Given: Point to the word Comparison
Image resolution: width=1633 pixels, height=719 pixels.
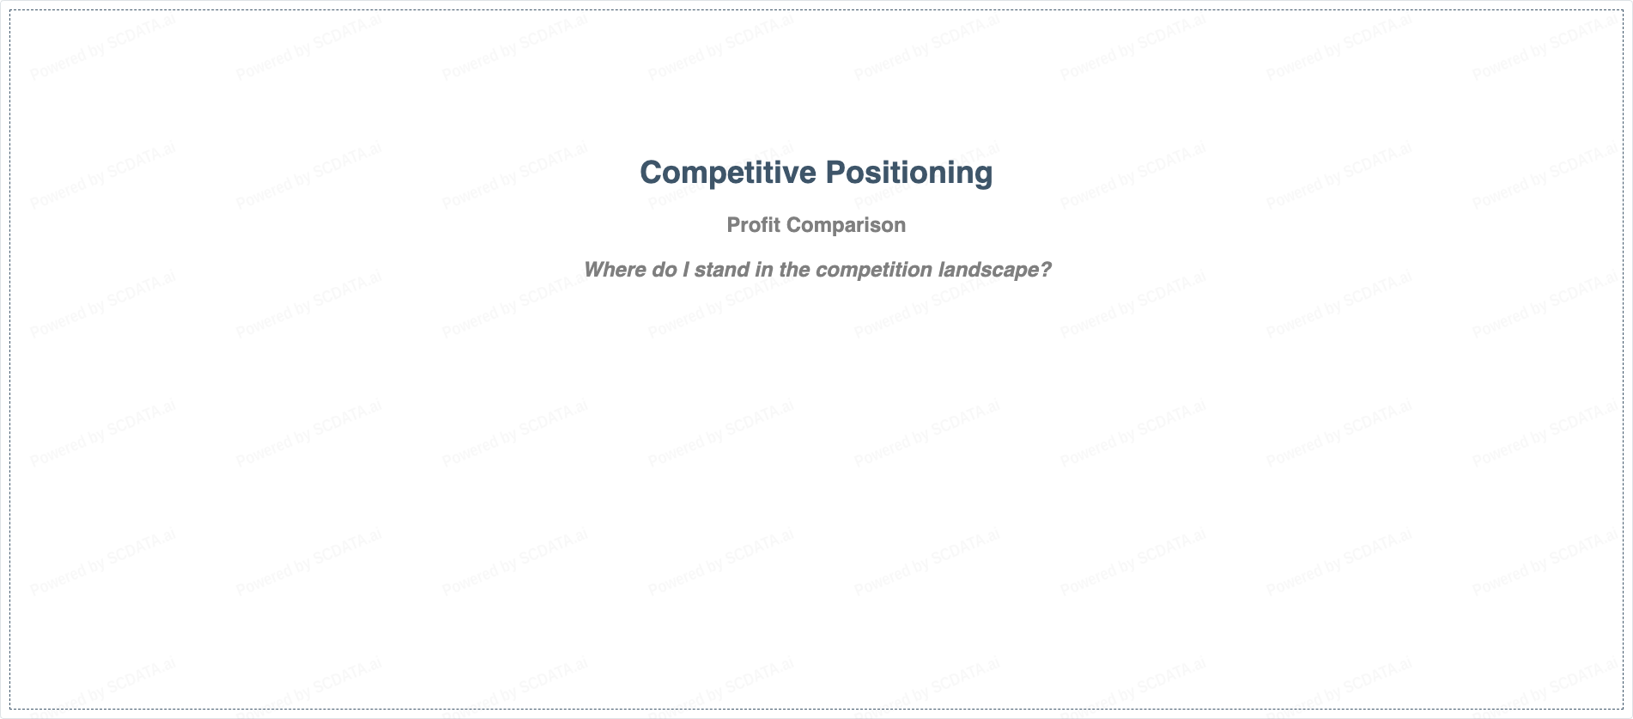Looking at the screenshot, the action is click(x=846, y=226).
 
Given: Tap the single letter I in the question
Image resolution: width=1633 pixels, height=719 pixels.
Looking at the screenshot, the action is click(x=686, y=270).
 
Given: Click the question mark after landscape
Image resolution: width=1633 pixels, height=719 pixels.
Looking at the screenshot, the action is click(x=1045, y=270).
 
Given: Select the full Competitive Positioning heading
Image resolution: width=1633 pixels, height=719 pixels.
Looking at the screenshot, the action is click(x=816, y=174).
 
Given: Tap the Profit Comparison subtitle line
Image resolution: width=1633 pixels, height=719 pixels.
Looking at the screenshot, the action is click(x=816, y=226).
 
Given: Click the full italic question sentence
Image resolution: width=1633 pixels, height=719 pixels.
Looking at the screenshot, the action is click(x=817, y=271).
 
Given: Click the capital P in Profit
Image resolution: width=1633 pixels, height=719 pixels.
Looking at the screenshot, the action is click(x=734, y=225).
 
